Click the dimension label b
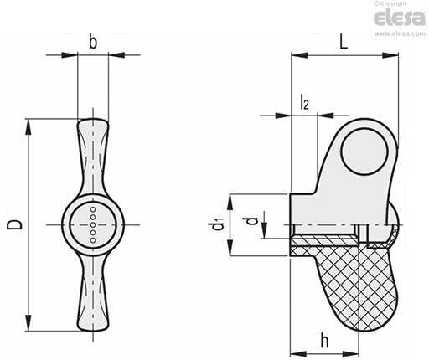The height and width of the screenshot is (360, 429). click(93, 43)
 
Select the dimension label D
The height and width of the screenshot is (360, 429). click(14, 224)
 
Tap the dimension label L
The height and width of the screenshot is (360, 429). click(344, 43)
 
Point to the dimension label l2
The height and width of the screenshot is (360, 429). click(304, 102)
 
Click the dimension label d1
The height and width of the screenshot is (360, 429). click(218, 225)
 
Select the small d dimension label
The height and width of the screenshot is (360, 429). click(252, 221)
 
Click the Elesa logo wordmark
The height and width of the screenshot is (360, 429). click(400, 18)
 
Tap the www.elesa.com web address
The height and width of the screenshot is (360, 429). click(400, 33)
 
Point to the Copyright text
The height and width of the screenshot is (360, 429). click(390, 3)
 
